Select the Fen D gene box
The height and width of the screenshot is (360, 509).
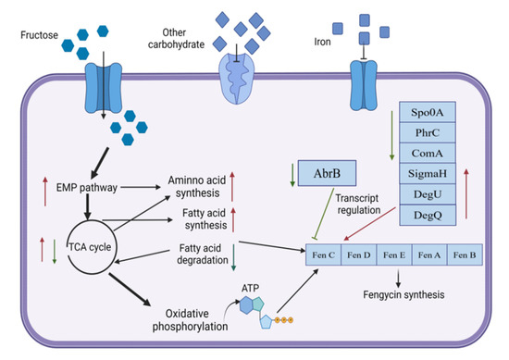coord(362,251)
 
